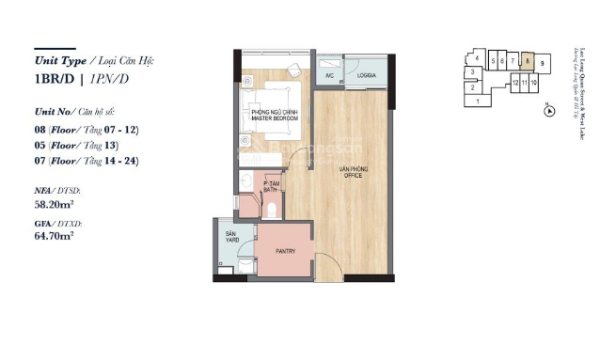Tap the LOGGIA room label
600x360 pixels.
point(367,73)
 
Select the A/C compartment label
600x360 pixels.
point(330,74)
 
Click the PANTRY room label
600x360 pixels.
point(286,252)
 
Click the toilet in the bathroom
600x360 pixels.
point(271,209)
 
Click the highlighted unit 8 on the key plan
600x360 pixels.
point(529,61)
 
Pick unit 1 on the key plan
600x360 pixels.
point(478,101)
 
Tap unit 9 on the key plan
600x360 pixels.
point(544,62)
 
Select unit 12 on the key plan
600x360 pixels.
point(515,83)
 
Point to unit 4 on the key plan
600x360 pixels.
point(478,58)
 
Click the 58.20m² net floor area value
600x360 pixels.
point(55,201)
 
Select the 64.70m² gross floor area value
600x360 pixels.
point(55,236)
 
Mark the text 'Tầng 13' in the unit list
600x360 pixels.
point(119,145)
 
